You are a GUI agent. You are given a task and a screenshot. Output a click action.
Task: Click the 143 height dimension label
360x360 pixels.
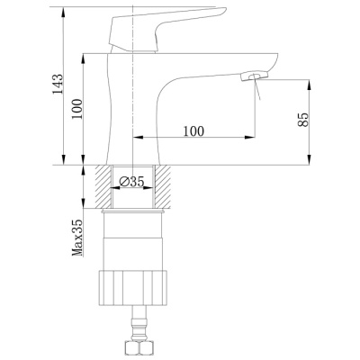pyautogui.click(x=58, y=84)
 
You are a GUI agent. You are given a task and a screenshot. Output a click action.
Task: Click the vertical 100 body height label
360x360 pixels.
pyautogui.click(x=77, y=109)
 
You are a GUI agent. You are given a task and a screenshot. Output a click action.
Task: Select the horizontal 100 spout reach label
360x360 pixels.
pyautogui.click(x=193, y=131)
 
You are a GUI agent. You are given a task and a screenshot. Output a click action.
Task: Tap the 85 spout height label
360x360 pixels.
pyautogui.click(x=303, y=120)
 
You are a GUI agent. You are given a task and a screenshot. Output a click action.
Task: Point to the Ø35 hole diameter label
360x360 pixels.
pyautogui.click(x=132, y=181)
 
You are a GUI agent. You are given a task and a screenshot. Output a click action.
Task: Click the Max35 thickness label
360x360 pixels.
pyautogui.click(x=77, y=238)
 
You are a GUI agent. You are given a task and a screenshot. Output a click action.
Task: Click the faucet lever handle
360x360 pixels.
pyautogui.click(x=167, y=30)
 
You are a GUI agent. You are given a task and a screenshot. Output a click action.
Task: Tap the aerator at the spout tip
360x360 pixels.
pyautogui.click(x=254, y=76)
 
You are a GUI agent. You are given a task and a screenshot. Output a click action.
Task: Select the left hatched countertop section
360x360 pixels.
pyautogui.click(x=103, y=186)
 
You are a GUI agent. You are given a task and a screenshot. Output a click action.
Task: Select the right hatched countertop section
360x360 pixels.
pyautogui.click(x=162, y=186)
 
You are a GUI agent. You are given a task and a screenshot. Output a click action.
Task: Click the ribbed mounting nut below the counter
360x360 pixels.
pyautogui.click(x=133, y=288)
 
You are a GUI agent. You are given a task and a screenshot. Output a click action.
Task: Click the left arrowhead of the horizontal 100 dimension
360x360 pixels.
pyautogui.click(x=137, y=138)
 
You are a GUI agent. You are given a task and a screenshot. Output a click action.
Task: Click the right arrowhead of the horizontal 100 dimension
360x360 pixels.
pyautogui.click(x=250, y=138)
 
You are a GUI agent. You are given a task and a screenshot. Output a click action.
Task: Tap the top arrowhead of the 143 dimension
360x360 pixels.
pyautogui.click(x=64, y=12)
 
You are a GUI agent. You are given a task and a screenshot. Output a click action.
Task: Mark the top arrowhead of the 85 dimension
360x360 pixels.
pyautogui.click(x=309, y=85)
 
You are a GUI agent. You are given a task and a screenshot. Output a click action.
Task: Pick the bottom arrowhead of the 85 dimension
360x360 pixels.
pyautogui.click(x=309, y=160)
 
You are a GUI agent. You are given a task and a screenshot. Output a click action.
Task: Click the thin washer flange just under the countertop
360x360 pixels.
pyautogui.click(x=133, y=212)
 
